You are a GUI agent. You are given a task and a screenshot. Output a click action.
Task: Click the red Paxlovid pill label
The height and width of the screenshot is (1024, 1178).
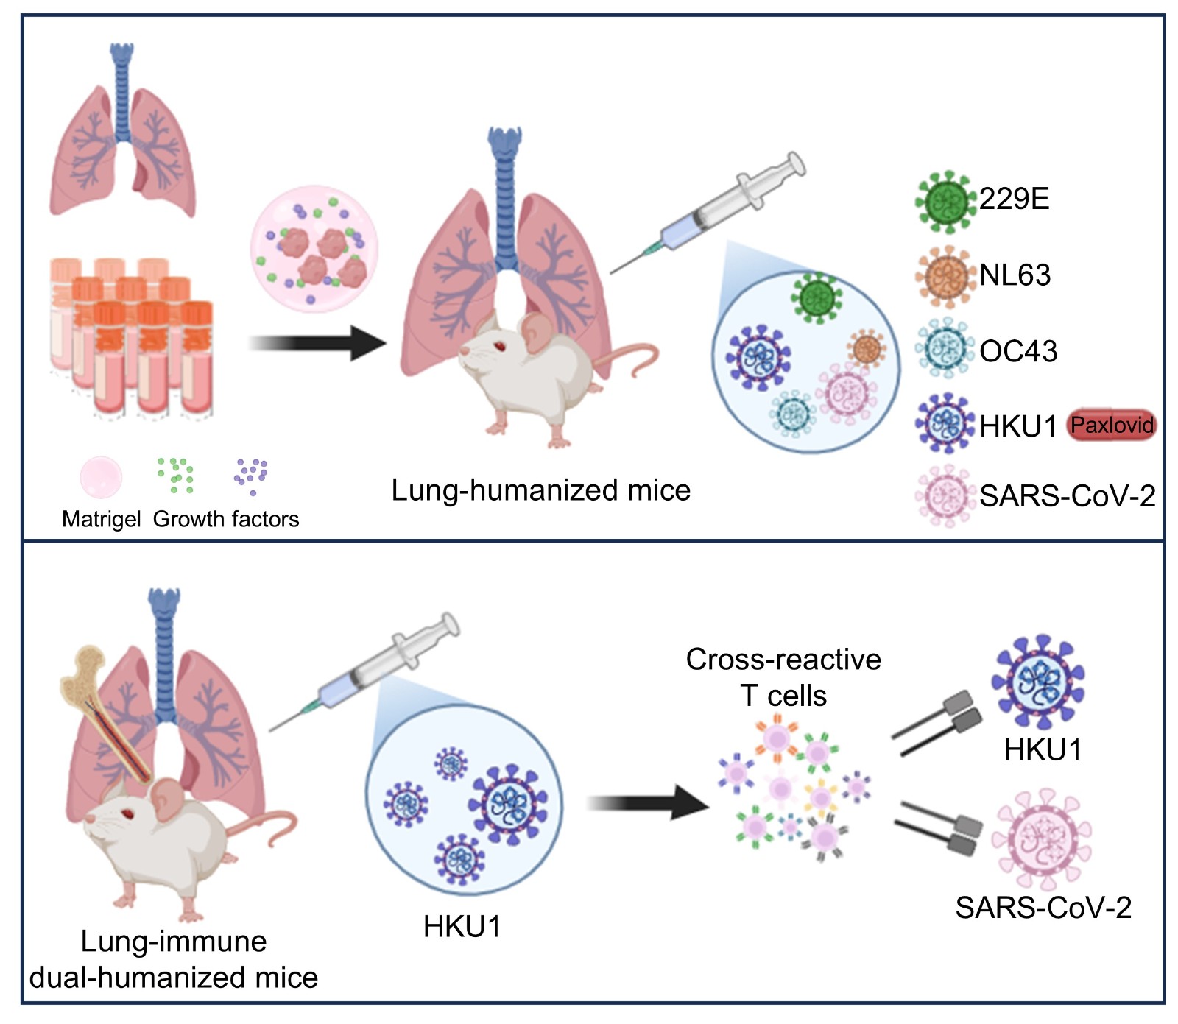pos(1111,425)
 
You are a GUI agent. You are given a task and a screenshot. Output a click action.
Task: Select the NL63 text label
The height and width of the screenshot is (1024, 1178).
pos(1015,275)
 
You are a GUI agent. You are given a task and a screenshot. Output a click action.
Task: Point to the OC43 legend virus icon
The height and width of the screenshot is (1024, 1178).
pos(945,350)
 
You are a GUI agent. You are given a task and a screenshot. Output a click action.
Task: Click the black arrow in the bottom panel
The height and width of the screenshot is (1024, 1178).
pos(648,802)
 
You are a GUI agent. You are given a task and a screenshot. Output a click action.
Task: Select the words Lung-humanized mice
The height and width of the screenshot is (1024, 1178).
pos(540,490)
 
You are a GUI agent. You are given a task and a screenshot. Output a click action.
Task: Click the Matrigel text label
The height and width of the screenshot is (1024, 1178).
pos(101,520)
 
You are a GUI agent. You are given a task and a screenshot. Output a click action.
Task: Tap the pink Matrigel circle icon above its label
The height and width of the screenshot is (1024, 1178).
pos(101,477)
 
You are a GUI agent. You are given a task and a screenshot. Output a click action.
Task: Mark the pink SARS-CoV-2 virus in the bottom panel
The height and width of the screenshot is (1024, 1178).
pos(1041,838)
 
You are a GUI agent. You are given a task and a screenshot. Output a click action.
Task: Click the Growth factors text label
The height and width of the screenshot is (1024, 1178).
pos(226,520)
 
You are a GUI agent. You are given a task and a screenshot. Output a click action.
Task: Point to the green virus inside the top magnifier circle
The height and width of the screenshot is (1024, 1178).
pos(817,297)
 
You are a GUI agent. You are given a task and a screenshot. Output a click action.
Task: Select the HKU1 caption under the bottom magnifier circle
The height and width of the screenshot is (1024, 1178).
pos(462,927)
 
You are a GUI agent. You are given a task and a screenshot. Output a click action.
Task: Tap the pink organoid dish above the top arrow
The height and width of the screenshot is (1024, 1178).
pos(314,249)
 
